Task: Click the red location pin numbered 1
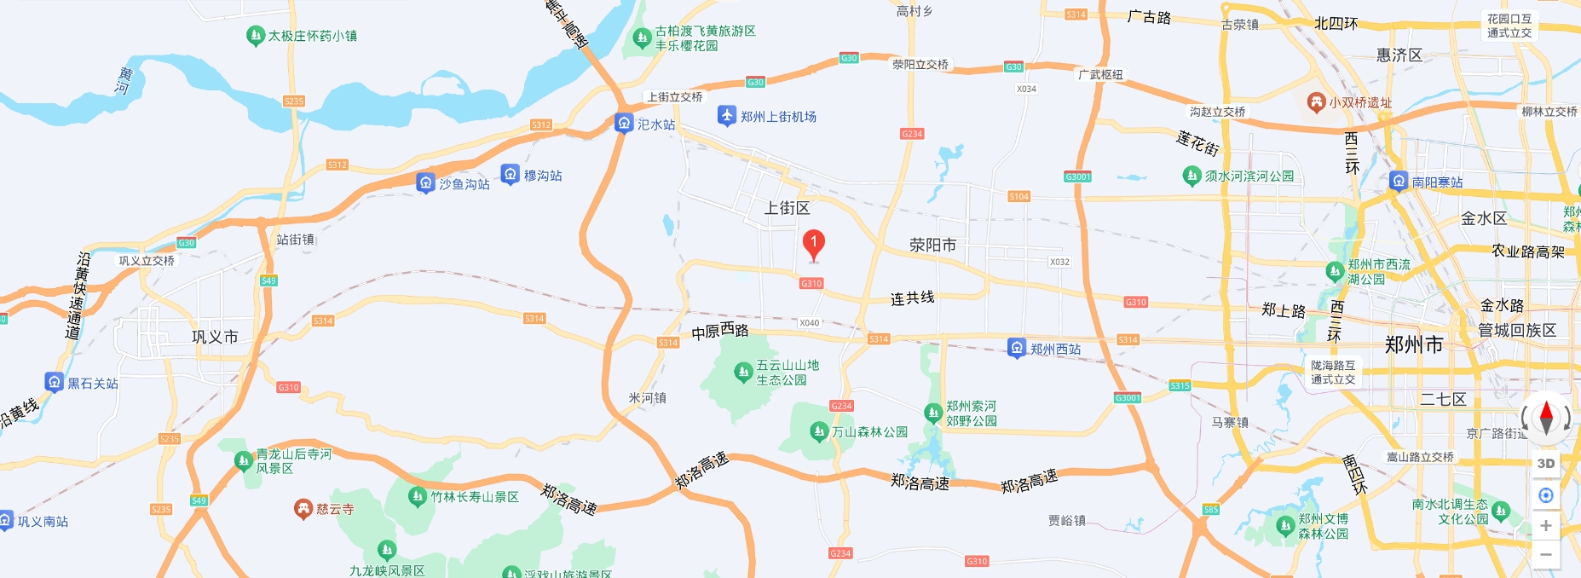click(813, 244)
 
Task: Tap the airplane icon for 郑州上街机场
click(726, 115)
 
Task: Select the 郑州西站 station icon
click(1016, 348)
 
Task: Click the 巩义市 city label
click(215, 338)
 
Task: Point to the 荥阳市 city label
click(932, 246)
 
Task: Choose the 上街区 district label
click(787, 208)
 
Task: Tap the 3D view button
click(1545, 464)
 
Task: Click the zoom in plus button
click(1545, 526)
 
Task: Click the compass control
click(1546, 418)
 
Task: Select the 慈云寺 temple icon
click(303, 509)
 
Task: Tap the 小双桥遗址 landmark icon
click(1316, 102)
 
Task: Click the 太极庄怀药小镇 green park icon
click(255, 36)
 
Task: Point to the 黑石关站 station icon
click(55, 382)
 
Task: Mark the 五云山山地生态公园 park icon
click(743, 372)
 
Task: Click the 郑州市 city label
click(1414, 345)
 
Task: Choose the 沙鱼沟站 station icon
click(425, 182)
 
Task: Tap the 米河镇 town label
click(647, 398)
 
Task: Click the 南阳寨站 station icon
click(1399, 181)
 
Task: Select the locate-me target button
click(1545, 495)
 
